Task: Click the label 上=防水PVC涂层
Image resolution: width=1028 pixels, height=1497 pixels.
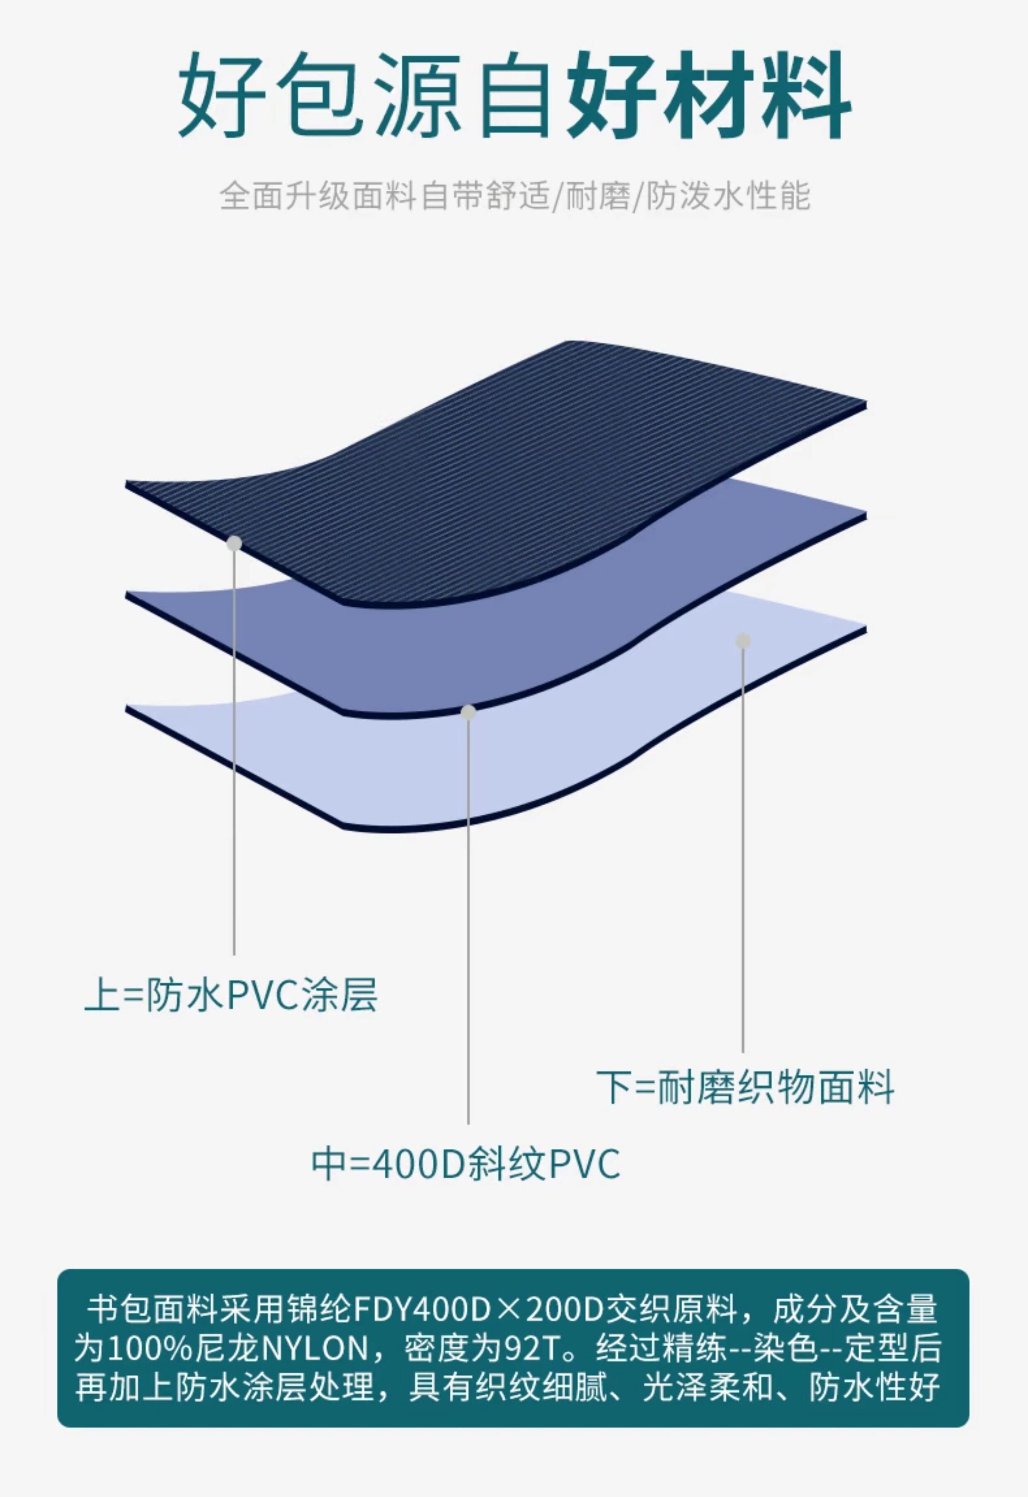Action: tap(230, 995)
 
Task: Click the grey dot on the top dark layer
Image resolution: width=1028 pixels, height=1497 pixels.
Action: tap(235, 543)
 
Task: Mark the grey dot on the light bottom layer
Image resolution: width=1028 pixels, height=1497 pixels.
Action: tap(743, 640)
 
